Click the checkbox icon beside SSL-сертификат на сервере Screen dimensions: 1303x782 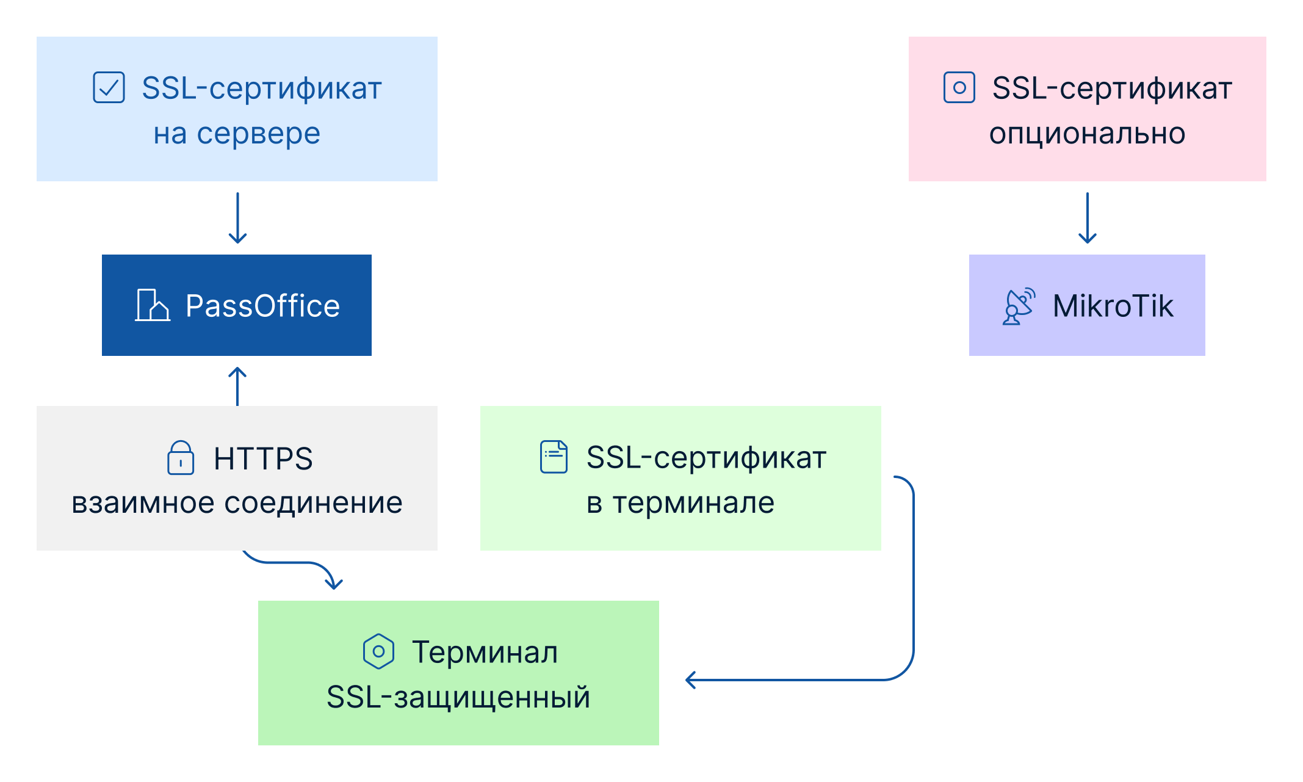[x=109, y=87]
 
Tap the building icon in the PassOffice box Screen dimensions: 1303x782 [x=153, y=305]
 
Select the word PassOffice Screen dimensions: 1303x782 [x=262, y=306]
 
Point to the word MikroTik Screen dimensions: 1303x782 [x=1113, y=306]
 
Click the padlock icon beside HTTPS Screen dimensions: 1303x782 [x=181, y=457]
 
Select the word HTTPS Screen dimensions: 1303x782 [x=263, y=458]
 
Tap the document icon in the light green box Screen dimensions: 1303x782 [x=554, y=457]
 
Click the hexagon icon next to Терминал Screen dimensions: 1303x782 [x=378, y=651]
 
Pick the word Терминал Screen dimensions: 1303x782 [x=485, y=652]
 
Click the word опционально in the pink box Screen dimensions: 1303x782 [x=1087, y=134]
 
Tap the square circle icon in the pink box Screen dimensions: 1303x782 [x=959, y=87]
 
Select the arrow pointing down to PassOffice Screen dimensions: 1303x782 [x=237, y=218]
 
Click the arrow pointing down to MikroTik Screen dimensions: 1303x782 [x=1088, y=218]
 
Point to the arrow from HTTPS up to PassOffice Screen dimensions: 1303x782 [x=237, y=386]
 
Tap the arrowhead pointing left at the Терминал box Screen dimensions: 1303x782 [x=690, y=679]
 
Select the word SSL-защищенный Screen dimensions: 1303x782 [x=458, y=697]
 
